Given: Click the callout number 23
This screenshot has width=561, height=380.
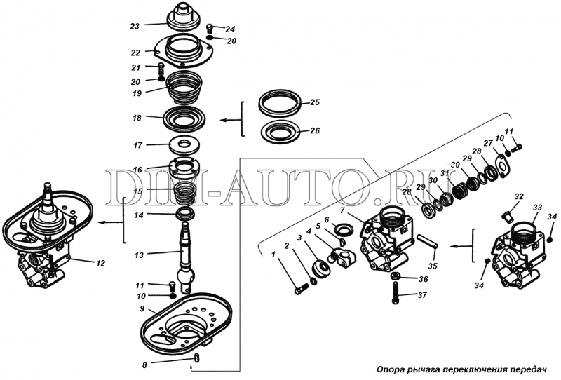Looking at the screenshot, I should click(x=135, y=26).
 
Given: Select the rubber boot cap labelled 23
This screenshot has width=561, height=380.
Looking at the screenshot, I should click(x=185, y=16).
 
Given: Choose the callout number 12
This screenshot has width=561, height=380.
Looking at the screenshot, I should click(x=101, y=263).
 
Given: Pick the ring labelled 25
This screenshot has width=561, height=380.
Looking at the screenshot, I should click(x=279, y=102).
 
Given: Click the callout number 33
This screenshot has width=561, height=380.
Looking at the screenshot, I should click(x=537, y=208).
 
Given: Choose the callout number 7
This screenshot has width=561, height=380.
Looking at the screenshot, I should click(x=342, y=210).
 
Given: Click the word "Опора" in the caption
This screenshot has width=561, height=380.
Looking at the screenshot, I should click(x=394, y=369).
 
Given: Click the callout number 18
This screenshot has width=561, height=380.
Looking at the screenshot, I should click(x=137, y=118).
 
